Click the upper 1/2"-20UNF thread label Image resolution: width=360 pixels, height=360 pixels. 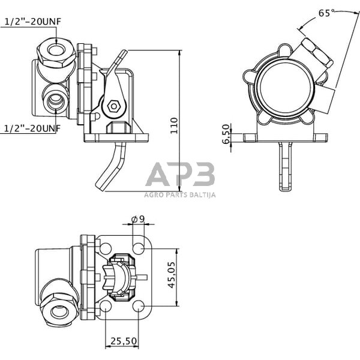(x=33, y=22)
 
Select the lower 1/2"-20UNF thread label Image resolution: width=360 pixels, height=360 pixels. (x=33, y=128)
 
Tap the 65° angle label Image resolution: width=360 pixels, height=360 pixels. (x=324, y=12)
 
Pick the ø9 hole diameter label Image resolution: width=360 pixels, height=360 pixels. (x=138, y=219)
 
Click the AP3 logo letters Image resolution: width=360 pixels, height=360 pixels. (x=180, y=175)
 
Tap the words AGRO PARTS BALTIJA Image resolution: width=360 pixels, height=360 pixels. (x=180, y=194)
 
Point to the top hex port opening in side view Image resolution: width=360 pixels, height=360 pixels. (x=56, y=50)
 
